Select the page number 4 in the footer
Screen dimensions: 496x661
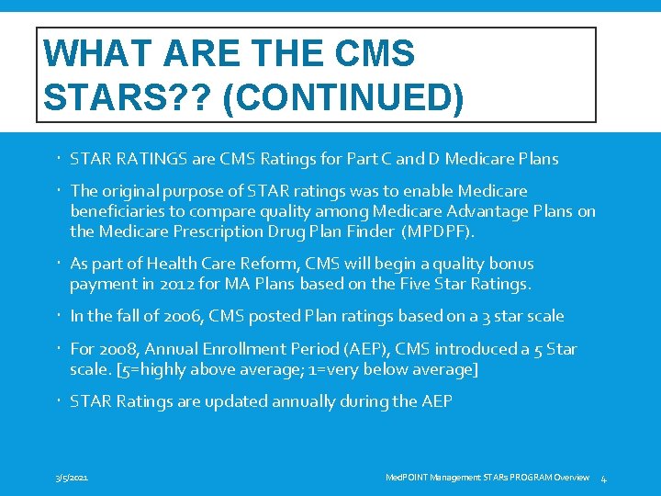click(604, 479)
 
